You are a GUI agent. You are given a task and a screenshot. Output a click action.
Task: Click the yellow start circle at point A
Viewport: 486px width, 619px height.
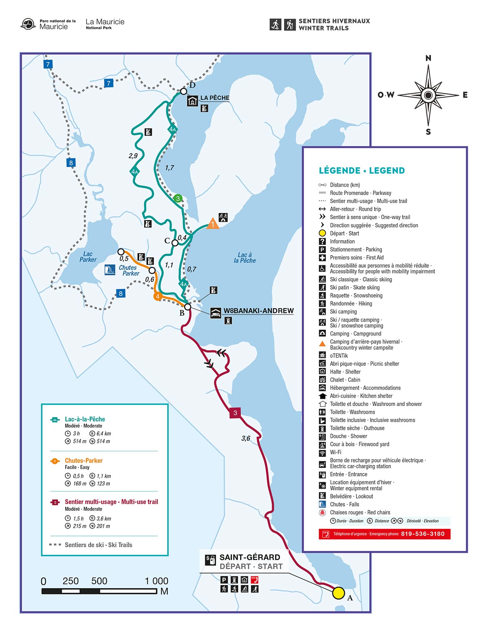[x=339, y=593]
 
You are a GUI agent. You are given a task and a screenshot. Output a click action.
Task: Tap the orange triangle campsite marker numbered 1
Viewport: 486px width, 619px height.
[x=213, y=224]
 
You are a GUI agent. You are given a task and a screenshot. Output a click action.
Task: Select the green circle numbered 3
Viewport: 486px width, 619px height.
[x=178, y=198]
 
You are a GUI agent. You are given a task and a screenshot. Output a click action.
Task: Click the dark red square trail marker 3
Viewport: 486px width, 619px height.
[x=235, y=413]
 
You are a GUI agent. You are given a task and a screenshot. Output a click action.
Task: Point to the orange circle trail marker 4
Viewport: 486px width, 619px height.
[x=158, y=297]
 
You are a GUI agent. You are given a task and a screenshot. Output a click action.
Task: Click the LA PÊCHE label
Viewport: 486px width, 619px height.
[x=215, y=98]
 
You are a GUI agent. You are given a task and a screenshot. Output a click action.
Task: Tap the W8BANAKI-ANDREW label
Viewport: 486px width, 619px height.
[x=258, y=311]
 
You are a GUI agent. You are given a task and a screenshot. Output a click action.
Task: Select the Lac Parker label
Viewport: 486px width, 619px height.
[x=88, y=257]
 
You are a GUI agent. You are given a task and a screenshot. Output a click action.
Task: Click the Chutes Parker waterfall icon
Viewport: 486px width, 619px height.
[x=110, y=270]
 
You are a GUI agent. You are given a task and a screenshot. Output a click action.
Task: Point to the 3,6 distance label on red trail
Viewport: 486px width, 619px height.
[x=246, y=438]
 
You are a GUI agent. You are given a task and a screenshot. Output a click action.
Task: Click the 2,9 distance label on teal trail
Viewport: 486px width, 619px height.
[x=133, y=156]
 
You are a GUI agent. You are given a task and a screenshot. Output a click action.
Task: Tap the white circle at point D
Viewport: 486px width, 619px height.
[x=183, y=91]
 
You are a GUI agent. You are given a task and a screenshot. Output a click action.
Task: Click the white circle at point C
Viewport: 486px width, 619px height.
[x=175, y=243]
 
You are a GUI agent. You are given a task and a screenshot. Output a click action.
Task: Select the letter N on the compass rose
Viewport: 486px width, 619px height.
[x=428, y=58]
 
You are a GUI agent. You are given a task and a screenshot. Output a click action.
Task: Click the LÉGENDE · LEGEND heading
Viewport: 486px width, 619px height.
[x=362, y=170]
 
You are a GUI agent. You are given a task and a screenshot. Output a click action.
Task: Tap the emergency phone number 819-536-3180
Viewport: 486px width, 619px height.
[x=422, y=534]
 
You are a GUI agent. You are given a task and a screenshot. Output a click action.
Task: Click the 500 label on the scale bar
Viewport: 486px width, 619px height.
[x=99, y=581]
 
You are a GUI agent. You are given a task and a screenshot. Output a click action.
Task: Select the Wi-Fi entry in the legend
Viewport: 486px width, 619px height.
[x=335, y=452]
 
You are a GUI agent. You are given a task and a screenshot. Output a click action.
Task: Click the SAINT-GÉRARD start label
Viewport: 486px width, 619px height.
[x=250, y=557]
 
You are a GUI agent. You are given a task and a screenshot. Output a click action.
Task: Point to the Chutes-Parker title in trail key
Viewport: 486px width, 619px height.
[x=83, y=460]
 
